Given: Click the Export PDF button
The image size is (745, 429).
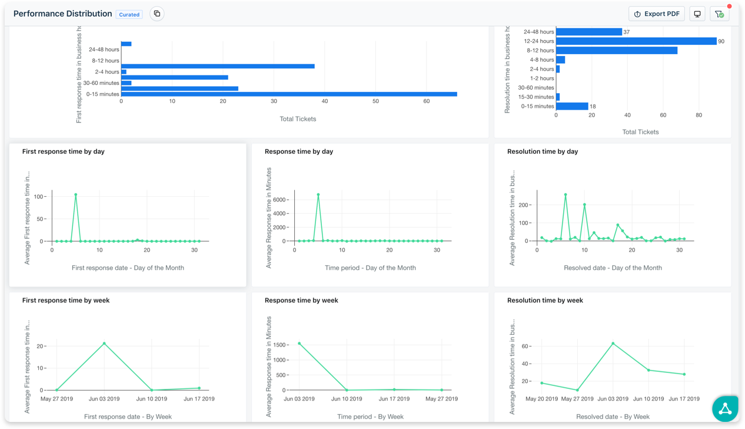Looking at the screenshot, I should tap(656, 14).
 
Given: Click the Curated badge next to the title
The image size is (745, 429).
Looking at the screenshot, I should tap(129, 14).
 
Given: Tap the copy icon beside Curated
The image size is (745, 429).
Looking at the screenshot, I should tap(157, 14).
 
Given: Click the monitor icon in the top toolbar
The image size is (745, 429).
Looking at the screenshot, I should tap(697, 14).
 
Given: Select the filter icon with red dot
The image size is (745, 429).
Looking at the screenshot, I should tap(719, 14).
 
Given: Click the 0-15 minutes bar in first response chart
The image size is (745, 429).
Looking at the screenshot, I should tap(288, 94).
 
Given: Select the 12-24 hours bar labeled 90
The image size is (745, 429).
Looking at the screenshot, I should tap(636, 41).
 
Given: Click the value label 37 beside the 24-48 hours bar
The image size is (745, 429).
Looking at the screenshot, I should tap(627, 32).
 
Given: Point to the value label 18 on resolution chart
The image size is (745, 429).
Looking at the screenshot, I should tap(593, 107).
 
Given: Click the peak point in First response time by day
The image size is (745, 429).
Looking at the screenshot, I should tap(76, 194).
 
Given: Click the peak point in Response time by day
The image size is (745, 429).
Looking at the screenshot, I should tap(318, 194).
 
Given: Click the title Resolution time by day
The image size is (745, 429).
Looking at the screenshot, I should tap(542, 151).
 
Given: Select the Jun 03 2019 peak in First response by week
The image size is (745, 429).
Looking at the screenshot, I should tap(104, 344).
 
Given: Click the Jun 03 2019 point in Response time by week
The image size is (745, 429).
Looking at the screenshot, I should tap(299, 344).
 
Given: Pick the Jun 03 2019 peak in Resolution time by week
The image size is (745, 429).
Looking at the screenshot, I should tap(613, 344).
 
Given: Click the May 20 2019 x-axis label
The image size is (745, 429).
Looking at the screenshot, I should tap(541, 399).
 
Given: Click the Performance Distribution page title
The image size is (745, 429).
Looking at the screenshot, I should tap(62, 14).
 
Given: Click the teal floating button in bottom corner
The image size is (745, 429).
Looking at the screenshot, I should tap(725, 409).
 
